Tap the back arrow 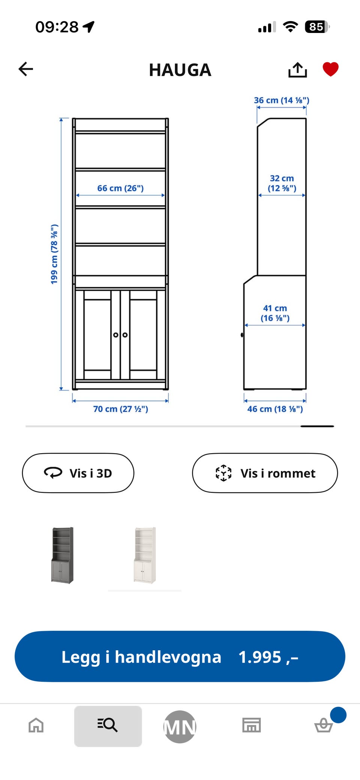26,69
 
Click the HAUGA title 180,70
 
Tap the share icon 298,70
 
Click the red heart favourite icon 331,69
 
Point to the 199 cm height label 54,254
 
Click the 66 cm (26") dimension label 120,188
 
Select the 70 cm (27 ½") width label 121,409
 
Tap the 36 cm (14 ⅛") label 282,100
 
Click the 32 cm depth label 282,183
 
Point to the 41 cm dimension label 275,313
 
